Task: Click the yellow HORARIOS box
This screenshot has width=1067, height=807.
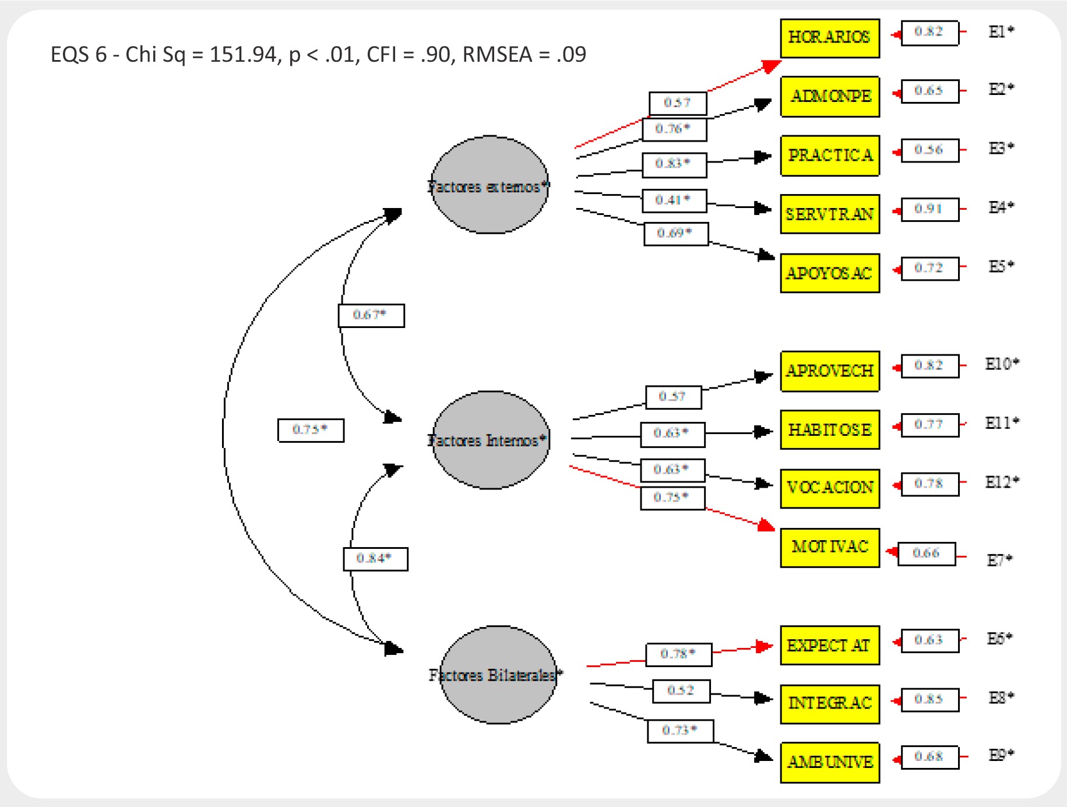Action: coord(829,38)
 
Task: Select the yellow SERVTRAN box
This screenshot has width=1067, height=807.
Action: coord(829,214)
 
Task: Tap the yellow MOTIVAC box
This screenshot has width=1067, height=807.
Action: coord(829,547)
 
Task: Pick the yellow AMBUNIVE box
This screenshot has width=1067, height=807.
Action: coord(829,762)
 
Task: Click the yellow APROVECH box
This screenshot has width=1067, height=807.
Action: coord(829,371)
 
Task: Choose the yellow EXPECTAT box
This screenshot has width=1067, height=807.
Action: coord(829,645)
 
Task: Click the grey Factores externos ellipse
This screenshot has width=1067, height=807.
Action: coord(490,185)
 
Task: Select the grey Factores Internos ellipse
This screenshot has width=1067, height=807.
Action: coord(491,440)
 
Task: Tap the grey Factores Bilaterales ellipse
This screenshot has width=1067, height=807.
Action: coord(498,675)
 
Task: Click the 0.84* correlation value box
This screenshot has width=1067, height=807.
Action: coord(375,559)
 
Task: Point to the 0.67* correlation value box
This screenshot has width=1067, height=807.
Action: coord(371,315)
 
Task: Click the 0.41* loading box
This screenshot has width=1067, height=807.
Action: coord(674,200)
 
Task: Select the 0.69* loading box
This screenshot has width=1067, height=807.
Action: coord(675,234)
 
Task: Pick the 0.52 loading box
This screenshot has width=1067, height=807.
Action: coord(681,691)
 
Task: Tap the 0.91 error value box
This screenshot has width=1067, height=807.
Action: coord(929,209)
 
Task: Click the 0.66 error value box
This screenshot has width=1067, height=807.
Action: coord(926,553)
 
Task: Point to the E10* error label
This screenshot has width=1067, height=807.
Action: coord(1002,364)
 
